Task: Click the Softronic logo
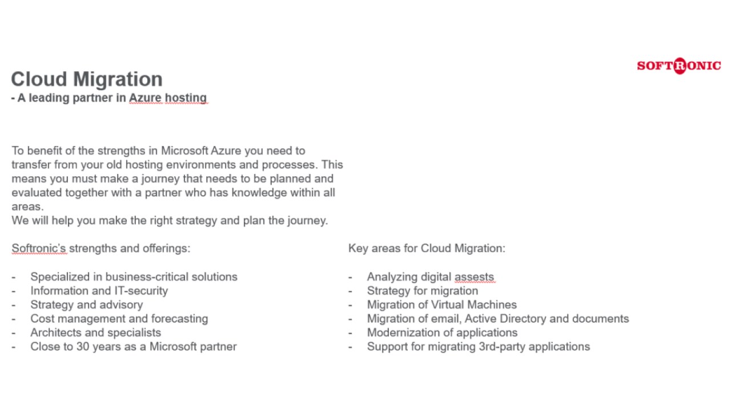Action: click(x=678, y=66)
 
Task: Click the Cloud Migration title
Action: click(x=87, y=79)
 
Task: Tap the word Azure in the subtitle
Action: click(x=145, y=98)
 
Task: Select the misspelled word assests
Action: click(x=474, y=277)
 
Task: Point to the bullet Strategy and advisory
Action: click(x=86, y=305)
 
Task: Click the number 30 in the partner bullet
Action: click(x=83, y=346)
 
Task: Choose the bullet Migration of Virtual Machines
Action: click(x=441, y=305)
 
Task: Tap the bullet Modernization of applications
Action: click(x=442, y=333)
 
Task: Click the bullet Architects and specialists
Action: click(x=95, y=333)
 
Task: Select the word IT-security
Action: click(x=140, y=291)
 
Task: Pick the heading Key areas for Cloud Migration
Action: click(x=427, y=248)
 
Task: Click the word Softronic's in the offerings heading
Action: click(x=39, y=248)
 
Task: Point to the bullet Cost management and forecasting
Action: click(x=119, y=319)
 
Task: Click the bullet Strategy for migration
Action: click(x=422, y=291)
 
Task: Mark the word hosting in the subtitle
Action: click(x=186, y=98)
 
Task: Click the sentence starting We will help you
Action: click(x=170, y=220)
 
